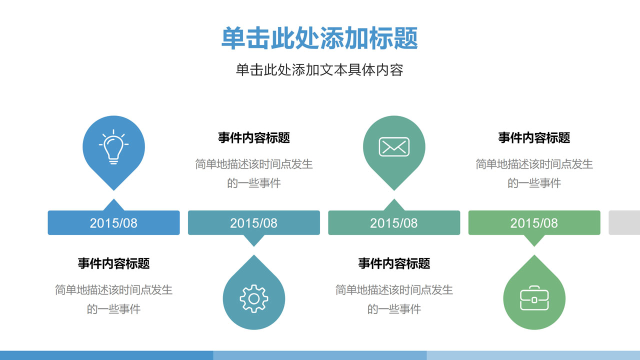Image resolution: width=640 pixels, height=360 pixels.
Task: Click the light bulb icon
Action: click(x=113, y=147)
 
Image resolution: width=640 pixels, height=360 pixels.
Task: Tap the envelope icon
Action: click(x=394, y=147)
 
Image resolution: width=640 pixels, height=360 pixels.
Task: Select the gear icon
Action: click(x=253, y=299)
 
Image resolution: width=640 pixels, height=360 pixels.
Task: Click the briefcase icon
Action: click(x=534, y=298)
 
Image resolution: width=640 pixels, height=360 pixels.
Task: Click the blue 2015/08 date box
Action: click(x=113, y=223)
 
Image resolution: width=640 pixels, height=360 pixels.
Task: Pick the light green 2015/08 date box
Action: click(x=534, y=223)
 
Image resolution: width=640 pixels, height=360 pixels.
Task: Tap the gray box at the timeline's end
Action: click(x=624, y=223)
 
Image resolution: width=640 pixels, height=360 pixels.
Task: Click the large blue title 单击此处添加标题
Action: click(x=319, y=38)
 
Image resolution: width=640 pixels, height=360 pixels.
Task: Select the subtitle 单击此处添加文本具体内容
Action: click(x=319, y=70)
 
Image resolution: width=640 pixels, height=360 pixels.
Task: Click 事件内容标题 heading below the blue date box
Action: click(x=113, y=263)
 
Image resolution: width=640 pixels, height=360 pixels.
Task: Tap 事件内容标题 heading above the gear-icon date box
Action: click(x=253, y=137)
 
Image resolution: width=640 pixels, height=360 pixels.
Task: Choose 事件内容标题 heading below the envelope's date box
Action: click(x=394, y=263)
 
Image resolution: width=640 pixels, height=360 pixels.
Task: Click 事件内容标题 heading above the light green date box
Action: click(x=534, y=137)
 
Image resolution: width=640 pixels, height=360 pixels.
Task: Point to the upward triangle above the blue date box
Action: click(x=113, y=205)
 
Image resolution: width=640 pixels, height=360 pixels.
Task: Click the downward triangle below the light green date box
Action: click(x=534, y=240)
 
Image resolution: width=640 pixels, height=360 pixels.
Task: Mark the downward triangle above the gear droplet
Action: click(x=253, y=240)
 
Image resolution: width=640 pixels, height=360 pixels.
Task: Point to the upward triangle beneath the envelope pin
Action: click(x=394, y=205)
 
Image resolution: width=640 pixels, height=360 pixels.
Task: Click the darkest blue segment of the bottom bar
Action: click(x=106, y=355)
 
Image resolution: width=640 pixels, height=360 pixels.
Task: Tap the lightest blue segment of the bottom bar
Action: click(x=533, y=355)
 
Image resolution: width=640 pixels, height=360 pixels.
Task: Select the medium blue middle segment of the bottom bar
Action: click(x=320, y=355)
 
